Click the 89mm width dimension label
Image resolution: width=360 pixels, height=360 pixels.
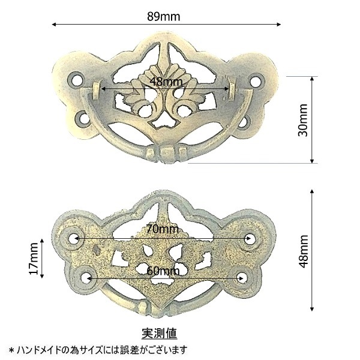tap(163, 16)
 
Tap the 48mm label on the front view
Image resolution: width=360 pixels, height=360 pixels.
tap(166, 81)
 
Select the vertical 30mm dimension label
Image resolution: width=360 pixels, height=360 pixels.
tap(303, 120)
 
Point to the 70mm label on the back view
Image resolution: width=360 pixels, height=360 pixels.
tap(163, 229)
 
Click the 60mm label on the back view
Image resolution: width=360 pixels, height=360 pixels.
tap(163, 271)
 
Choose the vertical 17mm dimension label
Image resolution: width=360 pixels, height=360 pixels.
tap(34, 259)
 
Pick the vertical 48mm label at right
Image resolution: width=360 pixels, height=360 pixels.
tap(303, 251)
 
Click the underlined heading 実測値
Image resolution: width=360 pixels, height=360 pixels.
tap(160, 333)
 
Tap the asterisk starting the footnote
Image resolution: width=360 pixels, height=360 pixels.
tap(11, 350)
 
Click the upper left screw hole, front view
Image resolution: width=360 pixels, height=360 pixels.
tap(76, 80)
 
